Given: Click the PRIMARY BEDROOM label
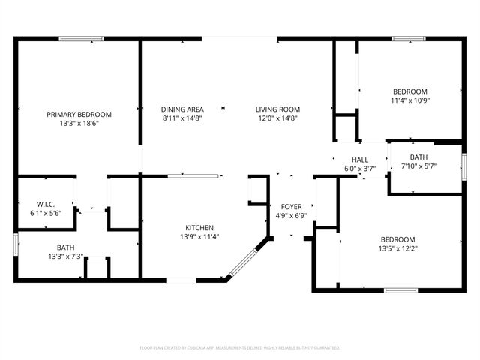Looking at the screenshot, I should pyautogui.click(x=79, y=114).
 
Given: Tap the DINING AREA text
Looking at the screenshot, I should pyautogui.click(x=183, y=109).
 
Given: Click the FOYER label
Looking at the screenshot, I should pyautogui.click(x=291, y=207).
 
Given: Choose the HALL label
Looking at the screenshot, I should pyautogui.click(x=360, y=160).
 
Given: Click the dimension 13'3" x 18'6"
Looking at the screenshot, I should pyautogui.click(x=79, y=124).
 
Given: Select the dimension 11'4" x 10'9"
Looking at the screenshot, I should pyautogui.click(x=409, y=100).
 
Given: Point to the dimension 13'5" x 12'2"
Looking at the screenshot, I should pyautogui.click(x=397, y=249).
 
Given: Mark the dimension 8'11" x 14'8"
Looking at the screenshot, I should pyautogui.click(x=183, y=118).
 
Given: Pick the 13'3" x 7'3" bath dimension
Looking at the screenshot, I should pyautogui.click(x=66, y=256).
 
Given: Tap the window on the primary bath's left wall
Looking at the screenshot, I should pyautogui.click(x=16, y=244).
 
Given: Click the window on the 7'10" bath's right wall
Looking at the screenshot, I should pyautogui.click(x=463, y=166).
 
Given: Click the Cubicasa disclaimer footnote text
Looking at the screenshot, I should pyautogui.click(x=240, y=348).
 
